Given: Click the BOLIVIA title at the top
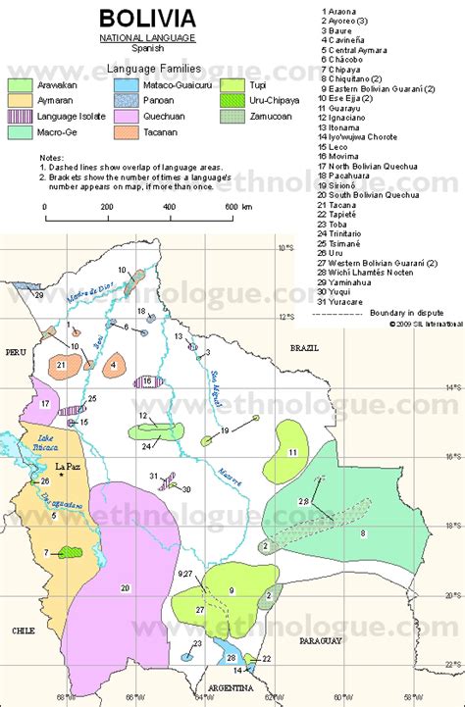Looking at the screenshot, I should click(146, 18).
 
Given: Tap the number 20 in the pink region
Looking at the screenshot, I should click(126, 587).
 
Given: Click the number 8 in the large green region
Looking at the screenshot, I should click(362, 532).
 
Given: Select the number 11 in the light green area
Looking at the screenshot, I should click(292, 451).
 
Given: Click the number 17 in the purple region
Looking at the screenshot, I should click(44, 403).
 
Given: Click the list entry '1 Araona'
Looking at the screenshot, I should click(339, 12).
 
